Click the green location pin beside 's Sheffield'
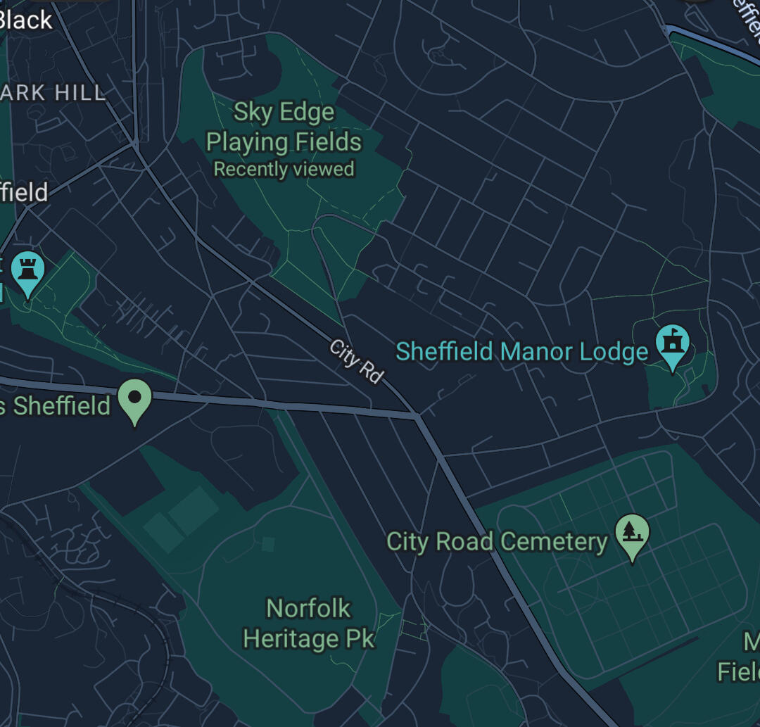135,399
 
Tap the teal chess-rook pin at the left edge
27,271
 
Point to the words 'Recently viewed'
284,170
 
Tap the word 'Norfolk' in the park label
308,608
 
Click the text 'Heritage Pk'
309,639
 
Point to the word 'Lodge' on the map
614,351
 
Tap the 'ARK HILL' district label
53,92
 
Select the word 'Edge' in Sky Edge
308,113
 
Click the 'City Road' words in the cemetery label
440,542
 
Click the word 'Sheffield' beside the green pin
62,406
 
